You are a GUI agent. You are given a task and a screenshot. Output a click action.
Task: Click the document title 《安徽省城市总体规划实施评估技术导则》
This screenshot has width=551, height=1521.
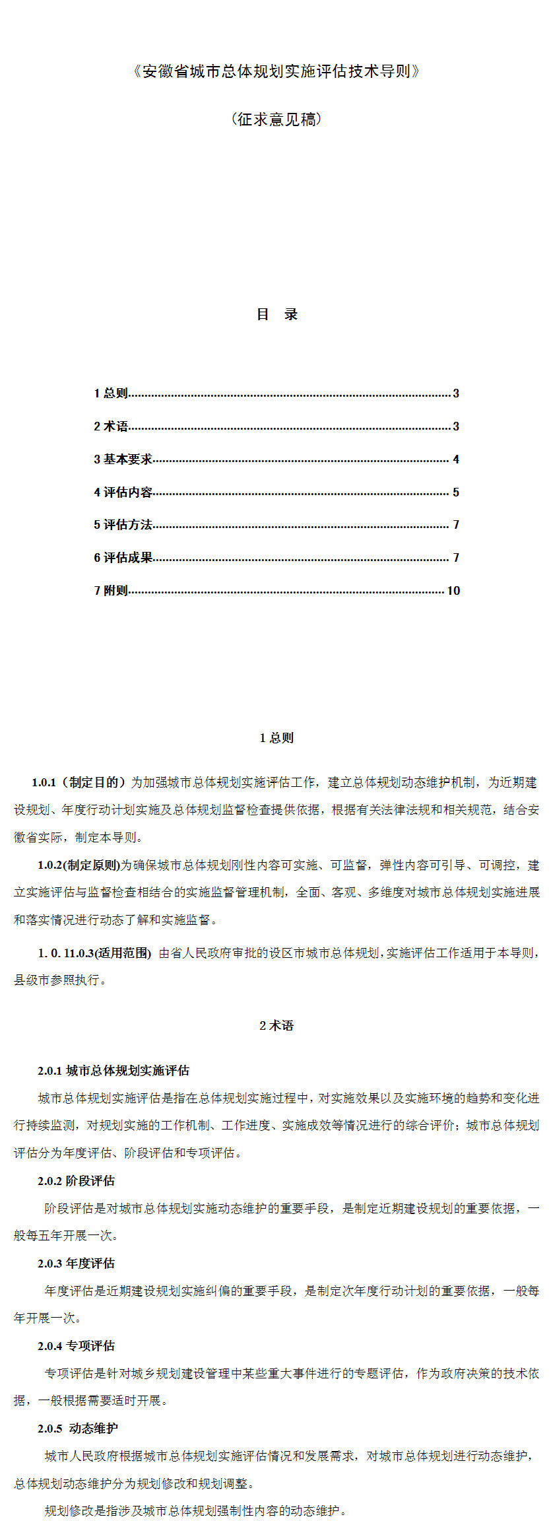[x=276, y=71]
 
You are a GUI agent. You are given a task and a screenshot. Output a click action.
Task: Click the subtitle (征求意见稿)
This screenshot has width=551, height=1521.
[x=276, y=119]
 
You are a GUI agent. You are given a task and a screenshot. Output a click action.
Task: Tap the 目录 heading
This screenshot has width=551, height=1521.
[x=276, y=314]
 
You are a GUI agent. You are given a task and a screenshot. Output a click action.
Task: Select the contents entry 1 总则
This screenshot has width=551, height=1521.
[x=111, y=393]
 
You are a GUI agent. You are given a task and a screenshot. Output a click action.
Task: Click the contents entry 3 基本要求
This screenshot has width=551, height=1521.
[x=123, y=459]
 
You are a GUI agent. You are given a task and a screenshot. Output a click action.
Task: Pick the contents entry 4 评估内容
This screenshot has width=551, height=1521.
[x=123, y=492]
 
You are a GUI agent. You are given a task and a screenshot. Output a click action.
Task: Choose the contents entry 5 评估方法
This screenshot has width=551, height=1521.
[x=123, y=525]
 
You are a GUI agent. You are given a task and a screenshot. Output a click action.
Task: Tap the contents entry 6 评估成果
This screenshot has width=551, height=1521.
[x=123, y=558]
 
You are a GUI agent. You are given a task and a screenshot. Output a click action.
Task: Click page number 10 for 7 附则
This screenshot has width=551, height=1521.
[x=453, y=591]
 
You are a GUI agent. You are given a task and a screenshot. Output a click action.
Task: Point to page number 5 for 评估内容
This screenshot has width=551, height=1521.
[x=455, y=492]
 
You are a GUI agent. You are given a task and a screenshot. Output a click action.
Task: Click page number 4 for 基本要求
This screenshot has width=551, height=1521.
[x=455, y=459]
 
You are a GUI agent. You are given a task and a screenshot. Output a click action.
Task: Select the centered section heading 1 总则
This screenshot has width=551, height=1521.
[x=276, y=738]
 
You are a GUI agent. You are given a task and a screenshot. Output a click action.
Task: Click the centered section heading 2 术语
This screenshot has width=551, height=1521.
[x=276, y=1025]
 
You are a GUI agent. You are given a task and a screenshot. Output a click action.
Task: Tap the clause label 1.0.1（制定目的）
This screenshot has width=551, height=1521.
[x=78, y=782]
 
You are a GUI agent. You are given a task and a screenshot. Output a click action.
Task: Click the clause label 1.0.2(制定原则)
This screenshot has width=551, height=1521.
[x=79, y=865]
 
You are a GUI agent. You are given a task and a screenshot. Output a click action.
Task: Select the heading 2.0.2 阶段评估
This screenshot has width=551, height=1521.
[x=76, y=1180]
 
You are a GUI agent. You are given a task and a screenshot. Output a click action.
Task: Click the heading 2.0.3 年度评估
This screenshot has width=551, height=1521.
[x=76, y=1263]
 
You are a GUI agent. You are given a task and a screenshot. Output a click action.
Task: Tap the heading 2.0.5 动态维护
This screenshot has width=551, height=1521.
[x=78, y=1428]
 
